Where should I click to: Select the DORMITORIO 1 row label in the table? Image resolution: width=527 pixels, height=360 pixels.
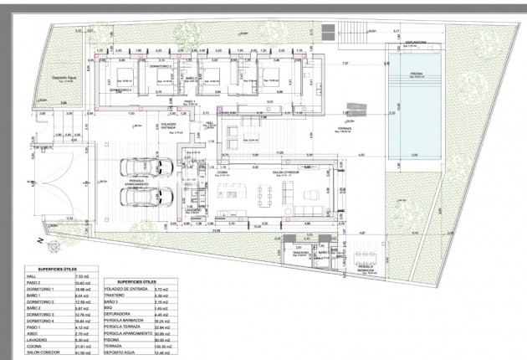tap(43, 288)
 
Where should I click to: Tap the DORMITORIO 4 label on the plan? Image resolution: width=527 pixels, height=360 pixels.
tap(120, 88)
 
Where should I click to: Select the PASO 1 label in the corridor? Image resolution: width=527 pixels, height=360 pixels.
tap(189, 100)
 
